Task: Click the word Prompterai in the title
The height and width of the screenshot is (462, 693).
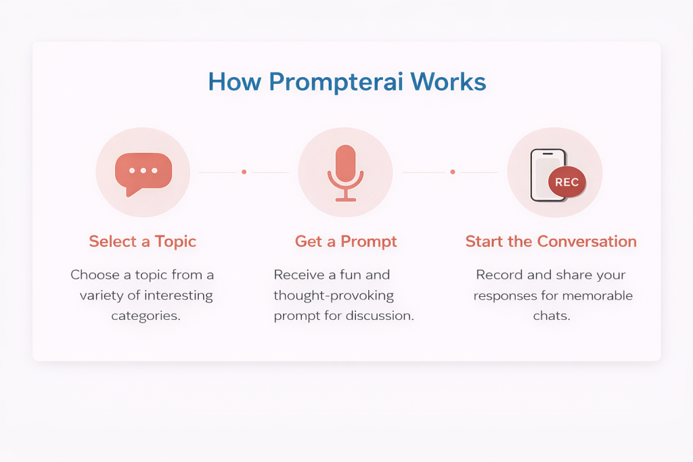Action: (x=336, y=83)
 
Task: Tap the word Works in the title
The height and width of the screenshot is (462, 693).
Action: (x=448, y=82)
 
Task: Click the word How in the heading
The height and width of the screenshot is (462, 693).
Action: (x=235, y=82)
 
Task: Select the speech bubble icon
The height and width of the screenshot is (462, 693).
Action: (x=143, y=174)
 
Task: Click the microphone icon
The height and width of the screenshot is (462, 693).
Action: (x=346, y=172)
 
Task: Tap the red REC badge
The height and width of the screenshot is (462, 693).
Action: (x=567, y=182)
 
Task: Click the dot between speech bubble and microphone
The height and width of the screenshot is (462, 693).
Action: (x=244, y=172)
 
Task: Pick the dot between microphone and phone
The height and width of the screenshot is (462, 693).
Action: (x=453, y=172)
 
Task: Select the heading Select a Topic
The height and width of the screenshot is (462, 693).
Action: (x=142, y=241)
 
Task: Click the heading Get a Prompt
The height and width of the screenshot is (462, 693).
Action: (x=346, y=241)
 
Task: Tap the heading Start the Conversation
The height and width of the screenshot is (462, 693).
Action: (x=551, y=241)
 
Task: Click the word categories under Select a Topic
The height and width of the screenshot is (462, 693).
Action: (x=146, y=317)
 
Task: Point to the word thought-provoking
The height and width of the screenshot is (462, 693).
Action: (x=334, y=296)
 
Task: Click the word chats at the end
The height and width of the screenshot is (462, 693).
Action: (x=552, y=315)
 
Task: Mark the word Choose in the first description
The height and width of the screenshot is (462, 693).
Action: (x=95, y=275)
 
